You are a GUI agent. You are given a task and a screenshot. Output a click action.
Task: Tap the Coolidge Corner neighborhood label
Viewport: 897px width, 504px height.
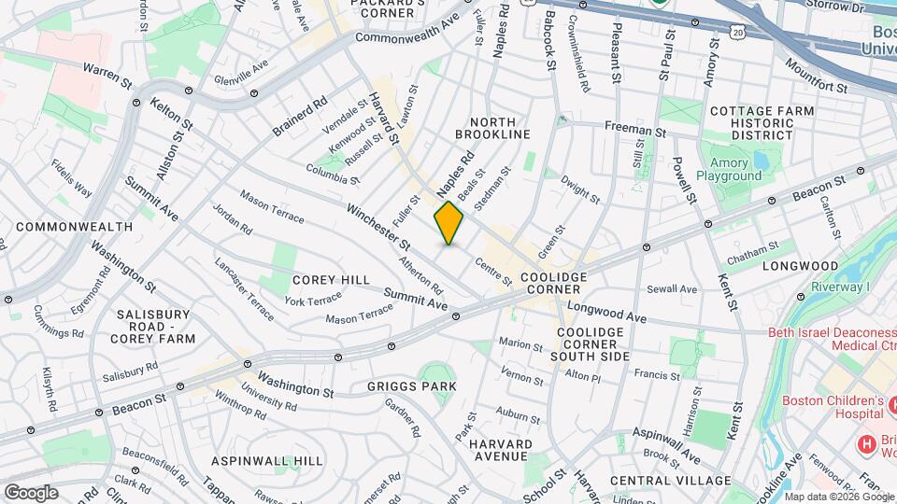tap(553, 284)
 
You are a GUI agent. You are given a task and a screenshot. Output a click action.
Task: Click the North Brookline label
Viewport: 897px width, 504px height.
tap(500, 128)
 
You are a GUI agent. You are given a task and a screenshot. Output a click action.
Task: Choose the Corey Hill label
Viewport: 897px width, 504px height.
tap(331, 280)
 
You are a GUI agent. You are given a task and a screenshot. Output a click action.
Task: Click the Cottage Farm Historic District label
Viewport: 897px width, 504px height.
tap(762, 123)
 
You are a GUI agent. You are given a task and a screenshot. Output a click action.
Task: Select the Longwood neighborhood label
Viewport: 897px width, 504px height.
tap(800, 266)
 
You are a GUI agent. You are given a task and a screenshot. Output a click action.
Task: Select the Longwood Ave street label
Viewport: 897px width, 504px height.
tap(606, 312)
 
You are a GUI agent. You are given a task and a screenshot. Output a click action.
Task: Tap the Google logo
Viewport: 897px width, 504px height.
tap(31, 492)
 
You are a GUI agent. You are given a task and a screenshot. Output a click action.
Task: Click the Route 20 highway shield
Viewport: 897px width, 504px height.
tap(738, 33)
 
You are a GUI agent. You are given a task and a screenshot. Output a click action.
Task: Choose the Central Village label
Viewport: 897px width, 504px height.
tap(670, 480)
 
